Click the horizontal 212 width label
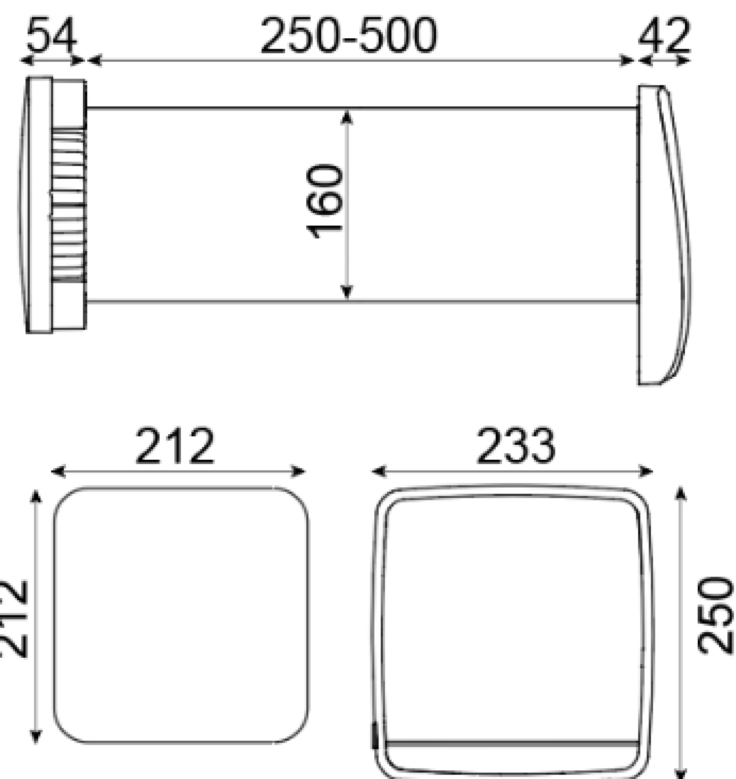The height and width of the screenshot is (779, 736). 175,446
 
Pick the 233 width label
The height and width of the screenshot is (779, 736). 516,446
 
